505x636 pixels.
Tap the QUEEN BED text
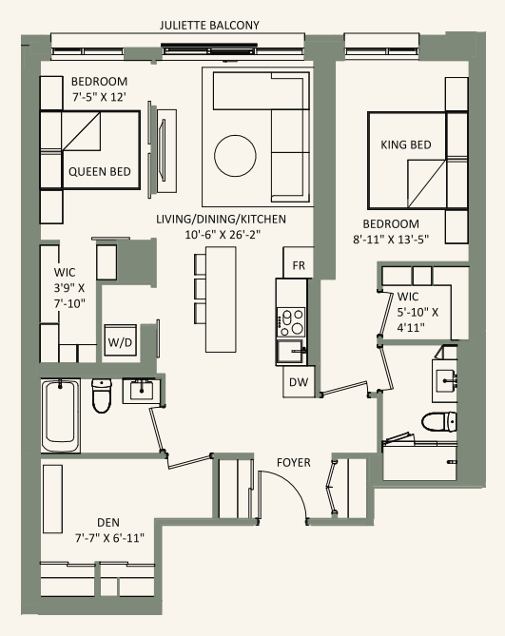pyautogui.click(x=99, y=173)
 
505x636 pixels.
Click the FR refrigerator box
pyautogui.click(x=298, y=264)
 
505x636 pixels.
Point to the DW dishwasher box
pyautogui.click(x=298, y=382)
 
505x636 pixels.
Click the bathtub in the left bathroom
pyautogui.click(x=63, y=416)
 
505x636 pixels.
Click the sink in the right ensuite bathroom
pyautogui.click(x=448, y=378)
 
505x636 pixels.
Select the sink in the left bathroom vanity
pyautogui.click(x=141, y=388)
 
